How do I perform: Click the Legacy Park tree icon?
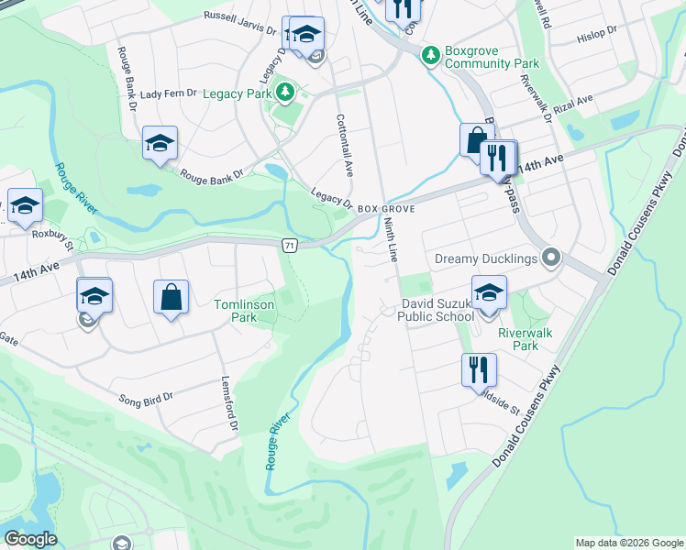(284, 91)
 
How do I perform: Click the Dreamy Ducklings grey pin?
(550, 258)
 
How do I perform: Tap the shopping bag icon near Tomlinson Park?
(171, 297)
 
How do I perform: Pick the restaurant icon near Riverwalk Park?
(479, 369)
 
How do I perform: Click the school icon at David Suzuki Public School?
(490, 293)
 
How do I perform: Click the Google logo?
(30, 540)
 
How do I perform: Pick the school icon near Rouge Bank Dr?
(160, 143)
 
